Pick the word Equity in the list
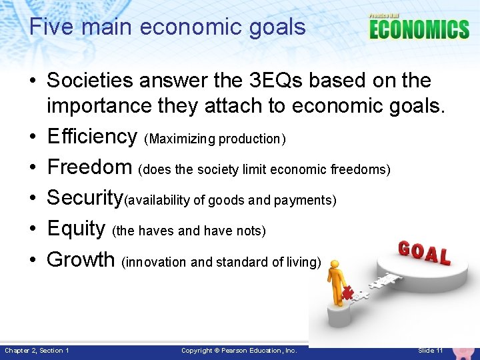(x=75, y=229)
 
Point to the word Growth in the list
(x=81, y=259)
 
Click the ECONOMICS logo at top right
(x=419, y=29)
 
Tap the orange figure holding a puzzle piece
(x=337, y=280)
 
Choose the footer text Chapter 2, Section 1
(x=37, y=351)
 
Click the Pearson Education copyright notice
(x=239, y=351)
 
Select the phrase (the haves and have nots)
(x=189, y=231)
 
